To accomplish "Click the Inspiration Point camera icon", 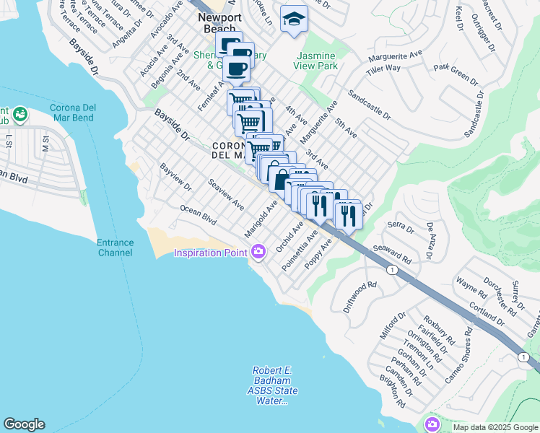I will (x=258, y=252).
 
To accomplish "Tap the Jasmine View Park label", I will (x=315, y=61).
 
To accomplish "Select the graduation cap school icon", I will (x=294, y=19).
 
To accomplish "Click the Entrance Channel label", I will (x=116, y=248).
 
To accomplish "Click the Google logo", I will (x=24, y=424).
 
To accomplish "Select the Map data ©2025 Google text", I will (x=495, y=427).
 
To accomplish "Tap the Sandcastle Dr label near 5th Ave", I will (x=368, y=105).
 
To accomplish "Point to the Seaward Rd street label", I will (x=393, y=253).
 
